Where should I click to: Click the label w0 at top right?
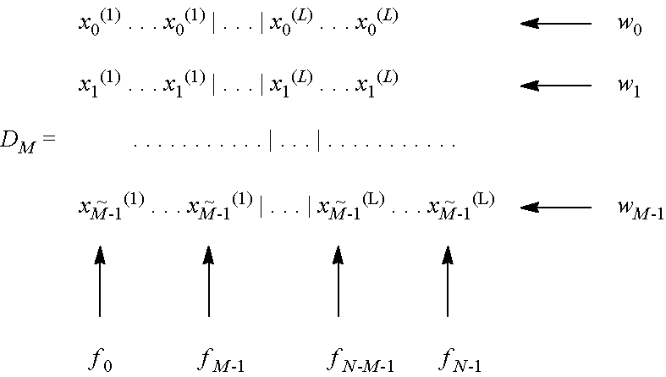click(x=629, y=25)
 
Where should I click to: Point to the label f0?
click(x=100, y=361)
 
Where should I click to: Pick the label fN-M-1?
click(x=360, y=362)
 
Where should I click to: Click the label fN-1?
click(x=460, y=362)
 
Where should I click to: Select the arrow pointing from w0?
click(x=555, y=24)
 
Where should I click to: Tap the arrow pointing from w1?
click(x=555, y=85)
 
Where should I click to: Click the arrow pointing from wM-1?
click(x=555, y=207)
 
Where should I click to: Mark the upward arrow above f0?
click(x=100, y=280)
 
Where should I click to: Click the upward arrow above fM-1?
click(x=208, y=280)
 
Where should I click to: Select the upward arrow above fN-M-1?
click(x=339, y=280)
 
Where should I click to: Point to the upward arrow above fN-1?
click(x=448, y=280)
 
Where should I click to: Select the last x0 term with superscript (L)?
click(x=376, y=23)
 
